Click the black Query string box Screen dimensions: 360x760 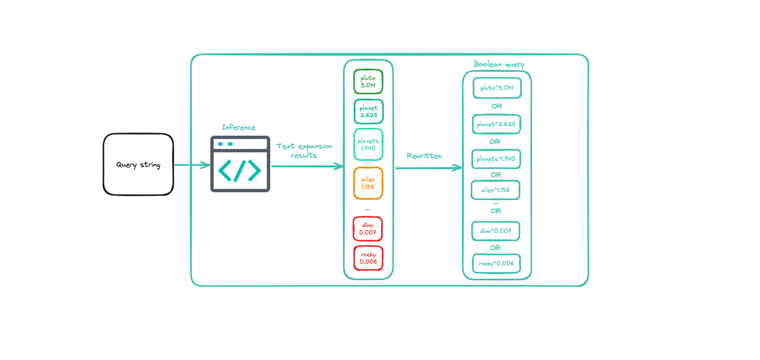click(138, 165)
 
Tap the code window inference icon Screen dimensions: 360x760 click(240, 164)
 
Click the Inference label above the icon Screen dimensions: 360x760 click(239, 127)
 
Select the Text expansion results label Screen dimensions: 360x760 click(304, 150)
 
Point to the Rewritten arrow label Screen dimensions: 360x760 click(424, 156)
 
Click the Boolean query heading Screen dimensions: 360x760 click(499, 64)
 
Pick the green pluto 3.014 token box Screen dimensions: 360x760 click(368, 82)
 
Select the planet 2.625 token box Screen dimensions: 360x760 click(368, 111)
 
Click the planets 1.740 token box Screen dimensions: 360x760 click(368, 145)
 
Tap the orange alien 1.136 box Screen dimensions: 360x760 click(368, 183)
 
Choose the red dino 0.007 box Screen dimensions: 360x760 click(367, 229)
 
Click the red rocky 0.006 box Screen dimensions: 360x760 click(368, 258)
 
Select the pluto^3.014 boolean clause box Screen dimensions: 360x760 click(497, 88)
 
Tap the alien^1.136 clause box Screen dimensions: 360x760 click(496, 190)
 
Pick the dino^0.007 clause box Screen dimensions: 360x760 click(496, 231)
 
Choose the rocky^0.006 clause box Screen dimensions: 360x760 click(497, 263)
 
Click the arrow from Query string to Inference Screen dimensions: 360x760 click(192, 165)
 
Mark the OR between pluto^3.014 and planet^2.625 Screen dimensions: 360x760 click(496, 106)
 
